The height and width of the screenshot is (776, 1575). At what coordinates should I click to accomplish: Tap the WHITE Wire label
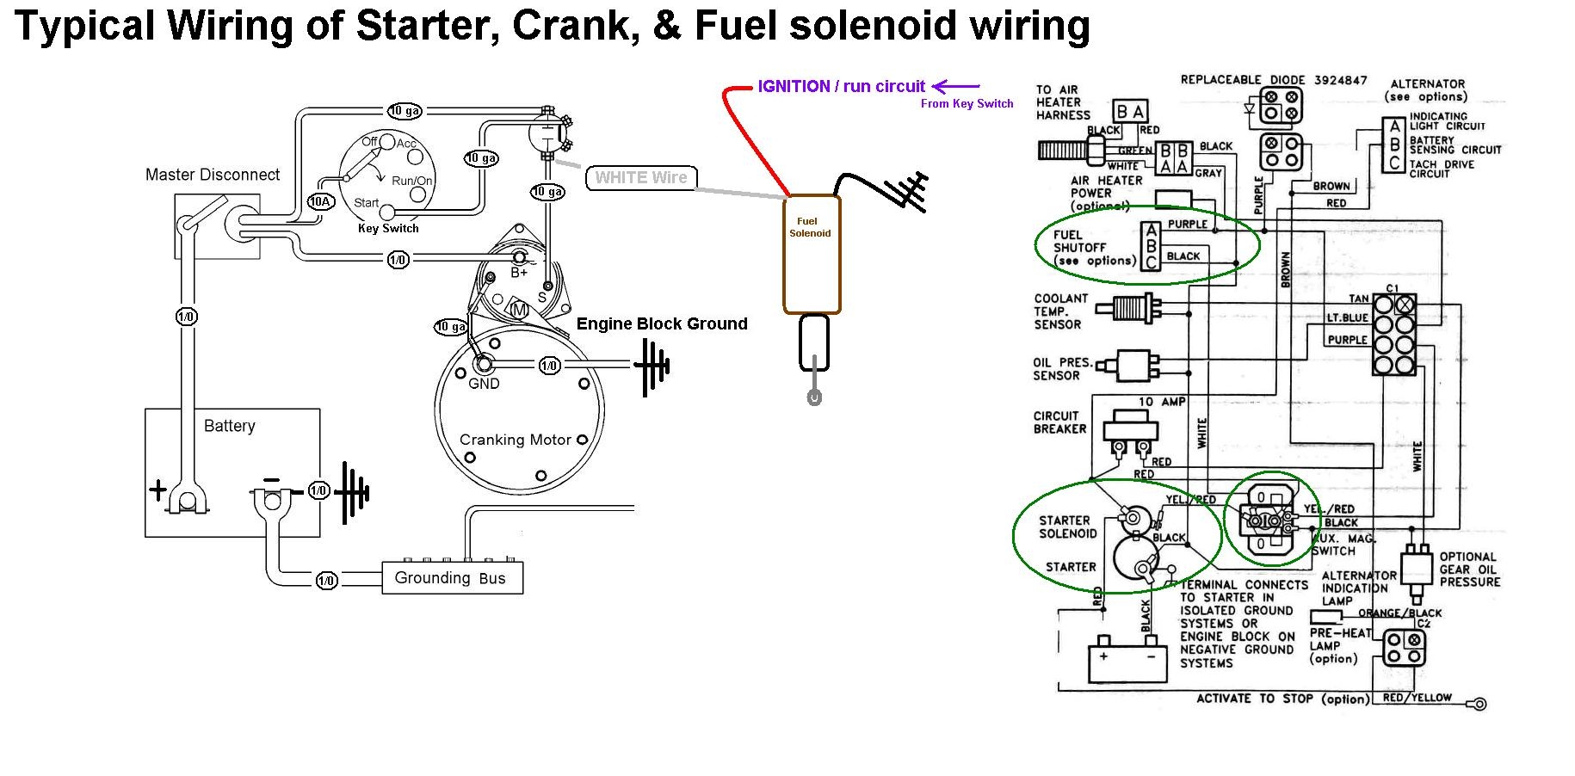click(x=641, y=178)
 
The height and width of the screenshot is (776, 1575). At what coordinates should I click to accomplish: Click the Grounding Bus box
click(x=452, y=577)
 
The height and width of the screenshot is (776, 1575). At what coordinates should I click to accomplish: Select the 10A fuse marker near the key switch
click(x=320, y=201)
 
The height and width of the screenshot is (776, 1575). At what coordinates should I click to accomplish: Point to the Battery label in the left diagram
click(x=229, y=426)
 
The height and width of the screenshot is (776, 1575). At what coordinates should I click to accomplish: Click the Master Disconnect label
click(x=213, y=175)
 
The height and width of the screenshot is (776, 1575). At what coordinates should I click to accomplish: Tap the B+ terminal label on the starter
click(x=519, y=273)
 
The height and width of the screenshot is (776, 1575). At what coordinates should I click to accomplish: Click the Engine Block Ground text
click(x=661, y=323)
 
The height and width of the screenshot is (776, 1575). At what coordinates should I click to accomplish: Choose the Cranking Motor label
click(x=515, y=440)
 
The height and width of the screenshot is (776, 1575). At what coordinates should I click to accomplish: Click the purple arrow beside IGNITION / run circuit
click(x=955, y=86)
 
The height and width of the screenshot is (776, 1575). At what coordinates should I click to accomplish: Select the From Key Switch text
click(x=967, y=104)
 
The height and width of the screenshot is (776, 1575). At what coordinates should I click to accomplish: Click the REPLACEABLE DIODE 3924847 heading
click(x=1273, y=80)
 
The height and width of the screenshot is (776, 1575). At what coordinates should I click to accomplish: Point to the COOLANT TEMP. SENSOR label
click(x=1060, y=311)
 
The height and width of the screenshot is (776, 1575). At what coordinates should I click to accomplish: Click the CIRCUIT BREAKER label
click(x=1059, y=422)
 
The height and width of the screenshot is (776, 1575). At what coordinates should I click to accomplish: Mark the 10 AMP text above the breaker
click(x=1162, y=402)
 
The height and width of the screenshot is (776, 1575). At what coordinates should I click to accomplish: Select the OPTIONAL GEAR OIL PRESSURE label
click(x=1469, y=570)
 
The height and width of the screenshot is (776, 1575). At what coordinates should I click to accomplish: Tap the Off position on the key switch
click(x=369, y=142)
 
